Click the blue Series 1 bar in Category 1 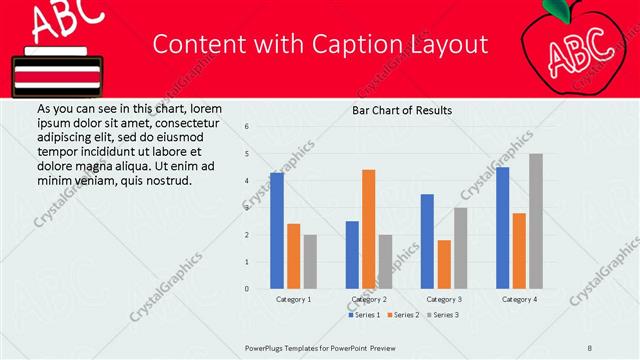click(x=277, y=231)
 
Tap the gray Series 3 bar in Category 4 click(x=536, y=221)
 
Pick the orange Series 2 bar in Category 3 click(x=444, y=264)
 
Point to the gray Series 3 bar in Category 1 click(x=310, y=262)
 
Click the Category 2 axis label click(x=369, y=299)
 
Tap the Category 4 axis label click(x=519, y=299)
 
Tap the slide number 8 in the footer click(x=590, y=347)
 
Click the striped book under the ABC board click(x=55, y=75)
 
